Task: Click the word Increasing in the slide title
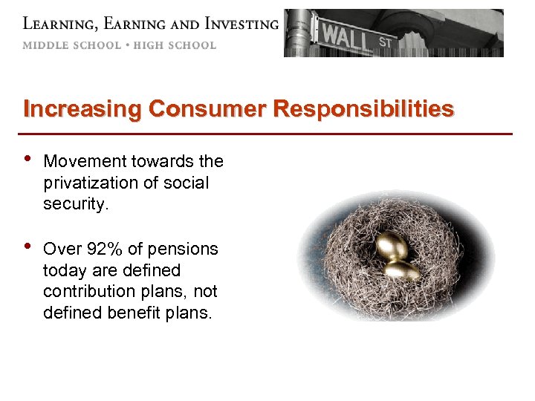[x=82, y=110]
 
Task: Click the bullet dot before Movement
[x=27, y=161]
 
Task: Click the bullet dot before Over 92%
[x=27, y=249]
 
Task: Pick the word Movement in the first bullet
[x=84, y=162]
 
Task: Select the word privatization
[x=91, y=183]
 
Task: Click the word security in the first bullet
[x=75, y=203]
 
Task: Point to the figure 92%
[x=103, y=250]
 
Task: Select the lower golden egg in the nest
[x=403, y=270]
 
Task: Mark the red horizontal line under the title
[x=267, y=134]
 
